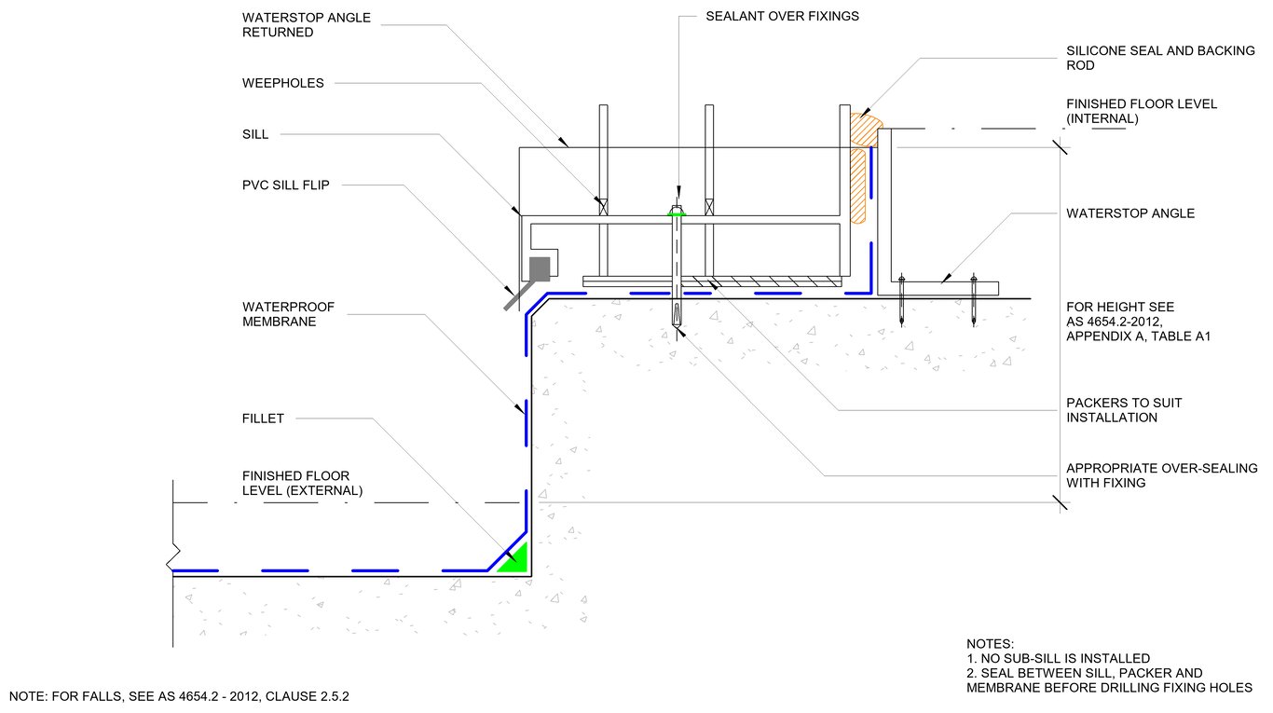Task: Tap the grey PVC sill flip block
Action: (540, 269)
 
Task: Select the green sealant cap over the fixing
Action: (678, 213)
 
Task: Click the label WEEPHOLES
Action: (282, 83)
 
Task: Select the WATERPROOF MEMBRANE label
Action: (288, 314)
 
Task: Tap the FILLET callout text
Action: (263, 418)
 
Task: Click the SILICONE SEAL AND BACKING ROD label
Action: (1160, 58)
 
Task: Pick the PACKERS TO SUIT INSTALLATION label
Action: (1124, 410)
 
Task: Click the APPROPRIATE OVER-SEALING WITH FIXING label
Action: (1161, 475)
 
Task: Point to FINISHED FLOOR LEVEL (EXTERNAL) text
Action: (302, 483)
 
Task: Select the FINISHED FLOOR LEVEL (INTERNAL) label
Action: (1142, 111)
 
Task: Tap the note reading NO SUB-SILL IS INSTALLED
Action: (1058, 658)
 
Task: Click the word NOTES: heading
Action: (990, 644)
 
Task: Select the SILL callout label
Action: (255, 134)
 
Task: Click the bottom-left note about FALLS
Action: (180, 695)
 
